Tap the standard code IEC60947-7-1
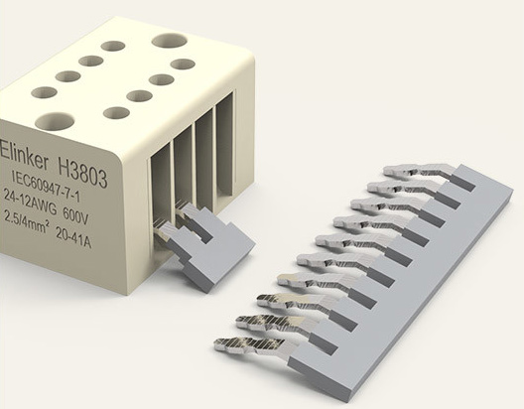pos(46,186)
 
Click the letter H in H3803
pos(65,166)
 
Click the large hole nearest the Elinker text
pos(55,122)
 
